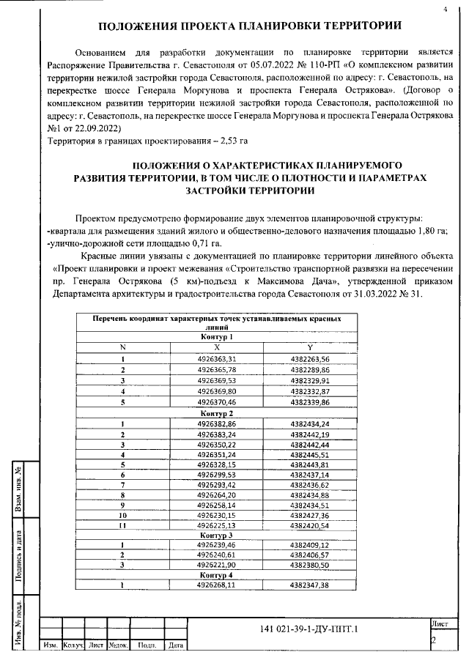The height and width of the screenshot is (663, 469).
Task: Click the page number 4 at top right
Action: pos(445,10)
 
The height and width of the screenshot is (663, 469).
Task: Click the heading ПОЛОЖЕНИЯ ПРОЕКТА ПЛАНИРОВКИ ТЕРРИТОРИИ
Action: pos(250,27)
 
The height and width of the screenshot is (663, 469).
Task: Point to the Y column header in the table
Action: pos(310,347)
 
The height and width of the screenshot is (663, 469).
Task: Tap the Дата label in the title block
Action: pos(175,646)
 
